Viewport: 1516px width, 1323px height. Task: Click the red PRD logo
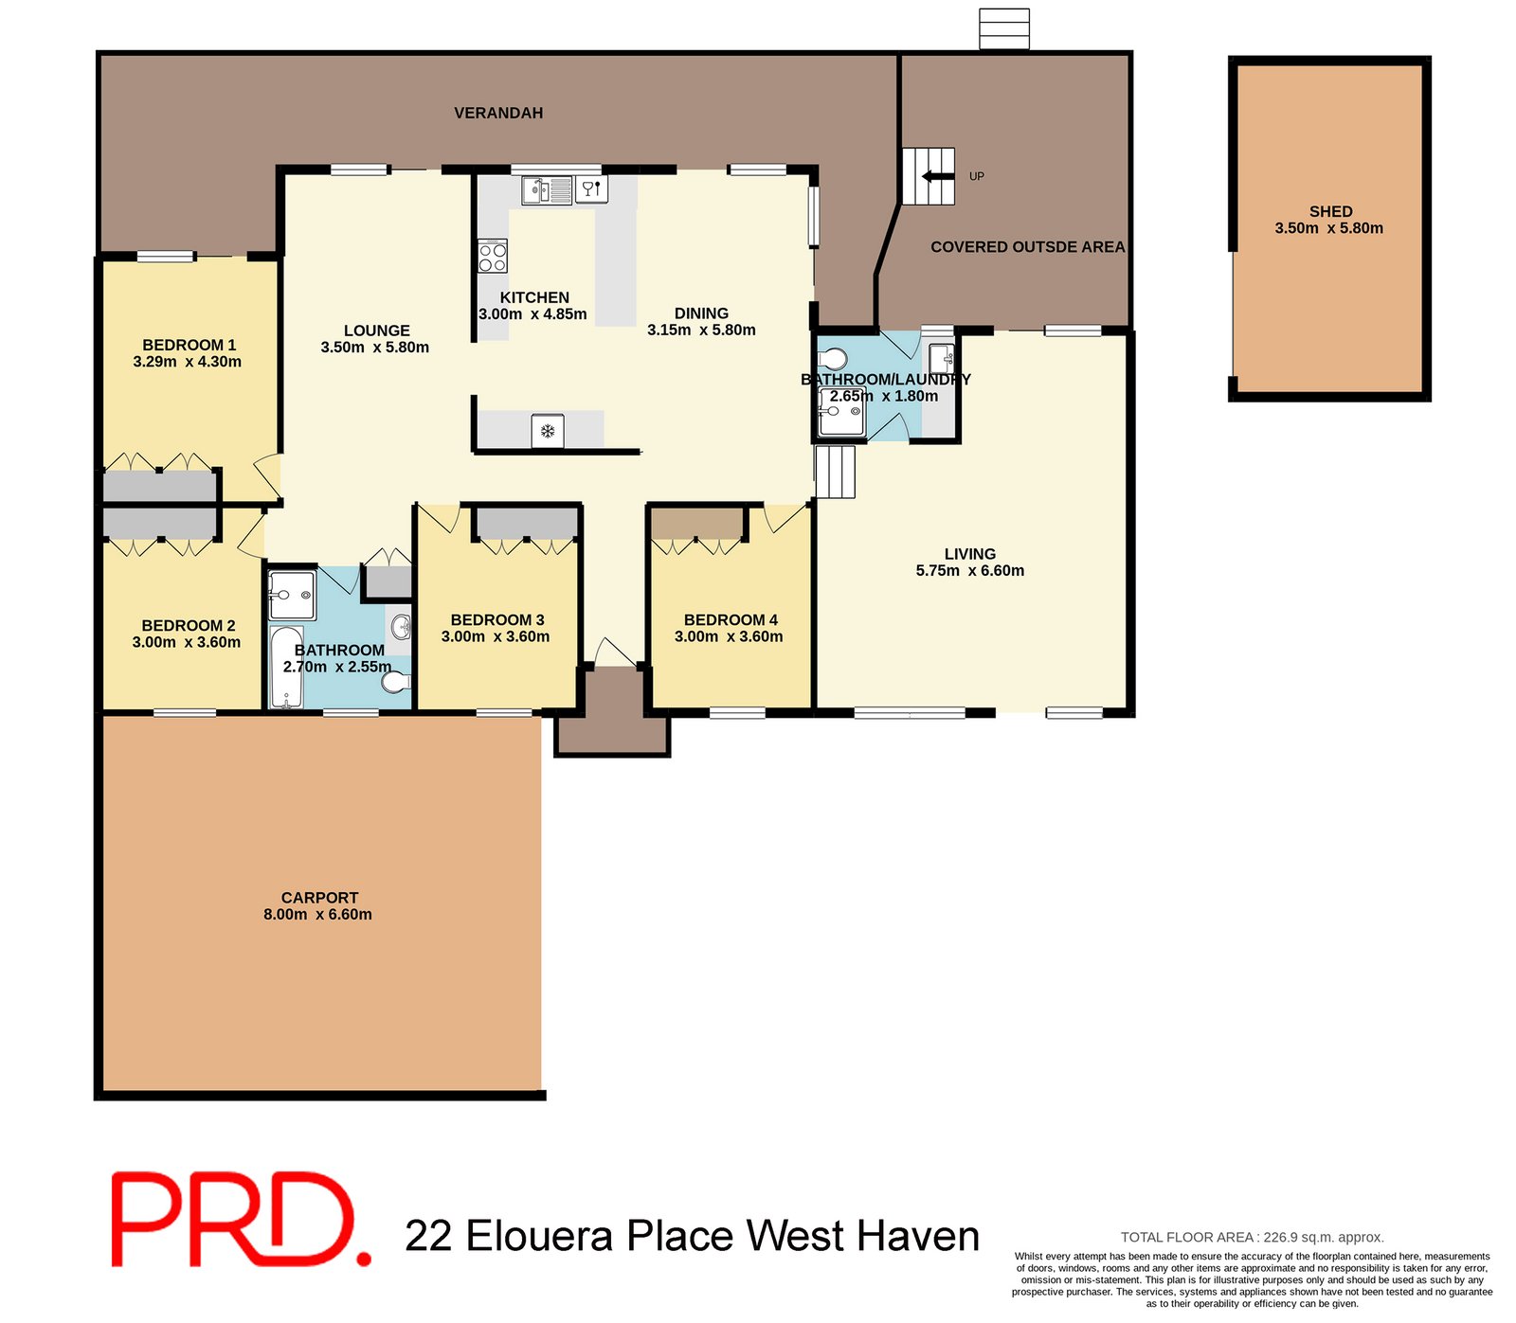point(241,1219)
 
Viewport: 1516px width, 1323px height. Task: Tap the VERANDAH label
point(498,113)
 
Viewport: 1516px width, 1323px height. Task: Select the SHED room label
point(1330,211)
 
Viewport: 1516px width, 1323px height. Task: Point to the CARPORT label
point(319,897)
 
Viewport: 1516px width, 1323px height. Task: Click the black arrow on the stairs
point(937,176)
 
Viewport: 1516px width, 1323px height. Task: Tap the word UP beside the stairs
point(976,176)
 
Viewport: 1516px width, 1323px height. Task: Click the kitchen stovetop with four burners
point(493,257)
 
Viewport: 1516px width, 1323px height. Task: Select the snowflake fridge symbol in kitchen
point(548,431)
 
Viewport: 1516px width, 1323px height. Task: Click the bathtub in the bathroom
point(286,667)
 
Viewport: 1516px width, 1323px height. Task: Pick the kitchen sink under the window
point(547,190)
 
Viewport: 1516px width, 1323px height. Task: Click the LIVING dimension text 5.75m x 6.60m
point(969,570)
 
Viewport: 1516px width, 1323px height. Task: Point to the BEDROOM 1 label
point(189,345)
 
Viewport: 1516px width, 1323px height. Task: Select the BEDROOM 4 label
point(731,619)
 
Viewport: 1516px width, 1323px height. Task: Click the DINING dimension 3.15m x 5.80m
point(701,330)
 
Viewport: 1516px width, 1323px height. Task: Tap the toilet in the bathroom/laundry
point(835,359)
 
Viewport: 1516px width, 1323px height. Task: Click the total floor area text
point(1252,1237)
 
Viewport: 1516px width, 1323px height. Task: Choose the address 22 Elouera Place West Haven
point(692,1236)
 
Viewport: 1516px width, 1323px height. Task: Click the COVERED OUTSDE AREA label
point(1027,246)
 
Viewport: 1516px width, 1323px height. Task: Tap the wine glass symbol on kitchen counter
point(590,189)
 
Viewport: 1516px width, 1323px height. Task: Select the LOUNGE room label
point(376,331)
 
